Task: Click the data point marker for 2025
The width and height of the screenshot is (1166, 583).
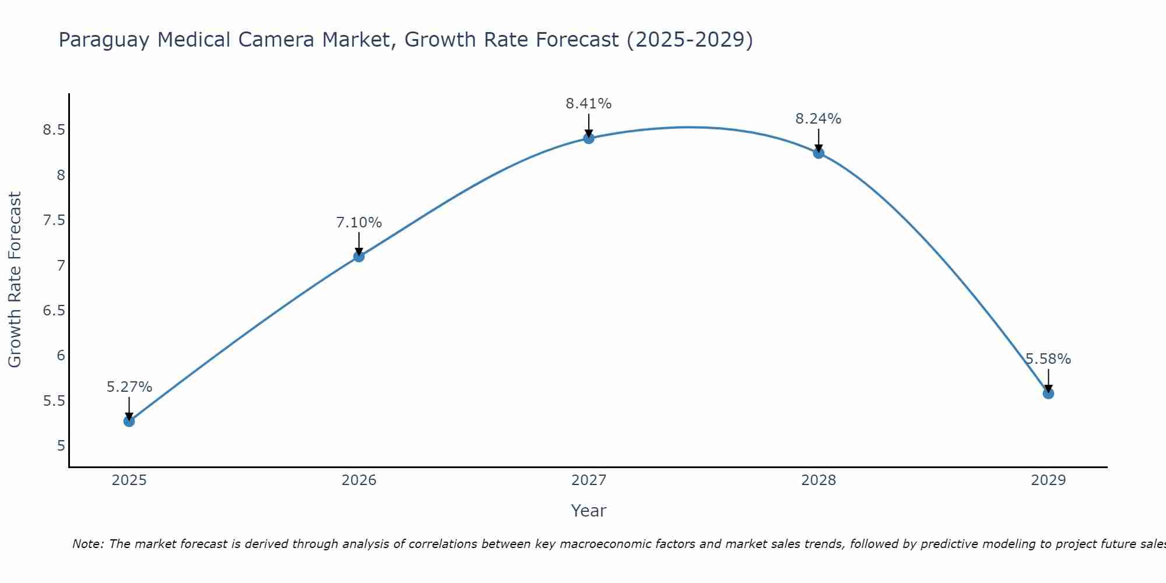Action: tap(129, 421)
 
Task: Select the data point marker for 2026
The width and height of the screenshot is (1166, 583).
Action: tap(359, 256)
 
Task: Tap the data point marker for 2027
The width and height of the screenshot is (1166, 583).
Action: tap(589, 138)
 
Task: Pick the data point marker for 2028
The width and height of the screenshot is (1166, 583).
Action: tap(819, 153)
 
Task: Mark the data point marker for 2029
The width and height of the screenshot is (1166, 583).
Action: tap(1048, 394)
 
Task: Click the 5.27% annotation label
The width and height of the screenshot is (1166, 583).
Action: tap(129, 387)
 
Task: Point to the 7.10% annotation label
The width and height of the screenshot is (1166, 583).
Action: tap(359, 223)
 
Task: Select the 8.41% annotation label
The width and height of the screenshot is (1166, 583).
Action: tap(589, 104)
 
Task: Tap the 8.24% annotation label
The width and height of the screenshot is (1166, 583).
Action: tap(819, 119)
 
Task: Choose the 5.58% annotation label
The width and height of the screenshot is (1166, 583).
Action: tap(1048, 359)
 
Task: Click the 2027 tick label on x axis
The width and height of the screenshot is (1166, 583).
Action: tap(589, 480)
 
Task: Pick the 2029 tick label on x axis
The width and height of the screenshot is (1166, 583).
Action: tap(1048, 480)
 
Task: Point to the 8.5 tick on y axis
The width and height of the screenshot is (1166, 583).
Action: tap(54, 130)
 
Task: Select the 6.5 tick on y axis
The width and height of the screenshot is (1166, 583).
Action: tap(54, 311)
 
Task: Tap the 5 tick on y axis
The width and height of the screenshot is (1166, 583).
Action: tap(61, 446)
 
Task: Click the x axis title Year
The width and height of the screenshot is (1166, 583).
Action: tap(589, 511)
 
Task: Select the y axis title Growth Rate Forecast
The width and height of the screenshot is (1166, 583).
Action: tap(15, 280)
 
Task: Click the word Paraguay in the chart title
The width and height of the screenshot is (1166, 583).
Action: tap(104, 40)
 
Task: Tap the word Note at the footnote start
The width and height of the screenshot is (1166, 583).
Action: tap(87, 544)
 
